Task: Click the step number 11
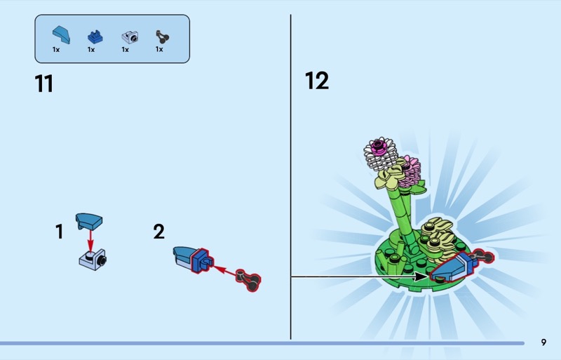pyautogui.click(x=44, y=84)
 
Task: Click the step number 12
pyautogui.click(x=317, y=81)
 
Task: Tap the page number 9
pyautogui.click(x=543, y=342)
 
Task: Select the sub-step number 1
pyautogui.click(x=60, y=232)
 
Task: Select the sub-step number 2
pyautogui.click(x=159, y=232)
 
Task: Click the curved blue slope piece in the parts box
pyautogui.click(x=62, y=35)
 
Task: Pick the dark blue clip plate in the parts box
pyautogui.click(x=95, y=37)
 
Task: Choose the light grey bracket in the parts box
pyautogui.click(x=130, y=37)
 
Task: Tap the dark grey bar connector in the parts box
pyautogui.click(x=162, y=37)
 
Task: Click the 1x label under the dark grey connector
pyautogui.click(x=159, y=49)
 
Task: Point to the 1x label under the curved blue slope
pyautogui.click(x=56, y=49)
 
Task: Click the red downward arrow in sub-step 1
pyautogui.click(x=90, y=241)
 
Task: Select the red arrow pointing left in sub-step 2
pyautogui.click(x=225, y=271)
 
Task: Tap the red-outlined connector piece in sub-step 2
pyautogui.click(x=249, y=281)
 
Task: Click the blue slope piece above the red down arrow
pyautogui.click(x=89, y=221)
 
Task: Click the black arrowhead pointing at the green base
pyautogui.click(x=421, y=276)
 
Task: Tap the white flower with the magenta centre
pyautogui.click(x=381, y=153)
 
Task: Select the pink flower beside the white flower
pyautogui.click(x=410, y=172)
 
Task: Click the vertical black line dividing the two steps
pyautogui.click(x=290, y=177)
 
